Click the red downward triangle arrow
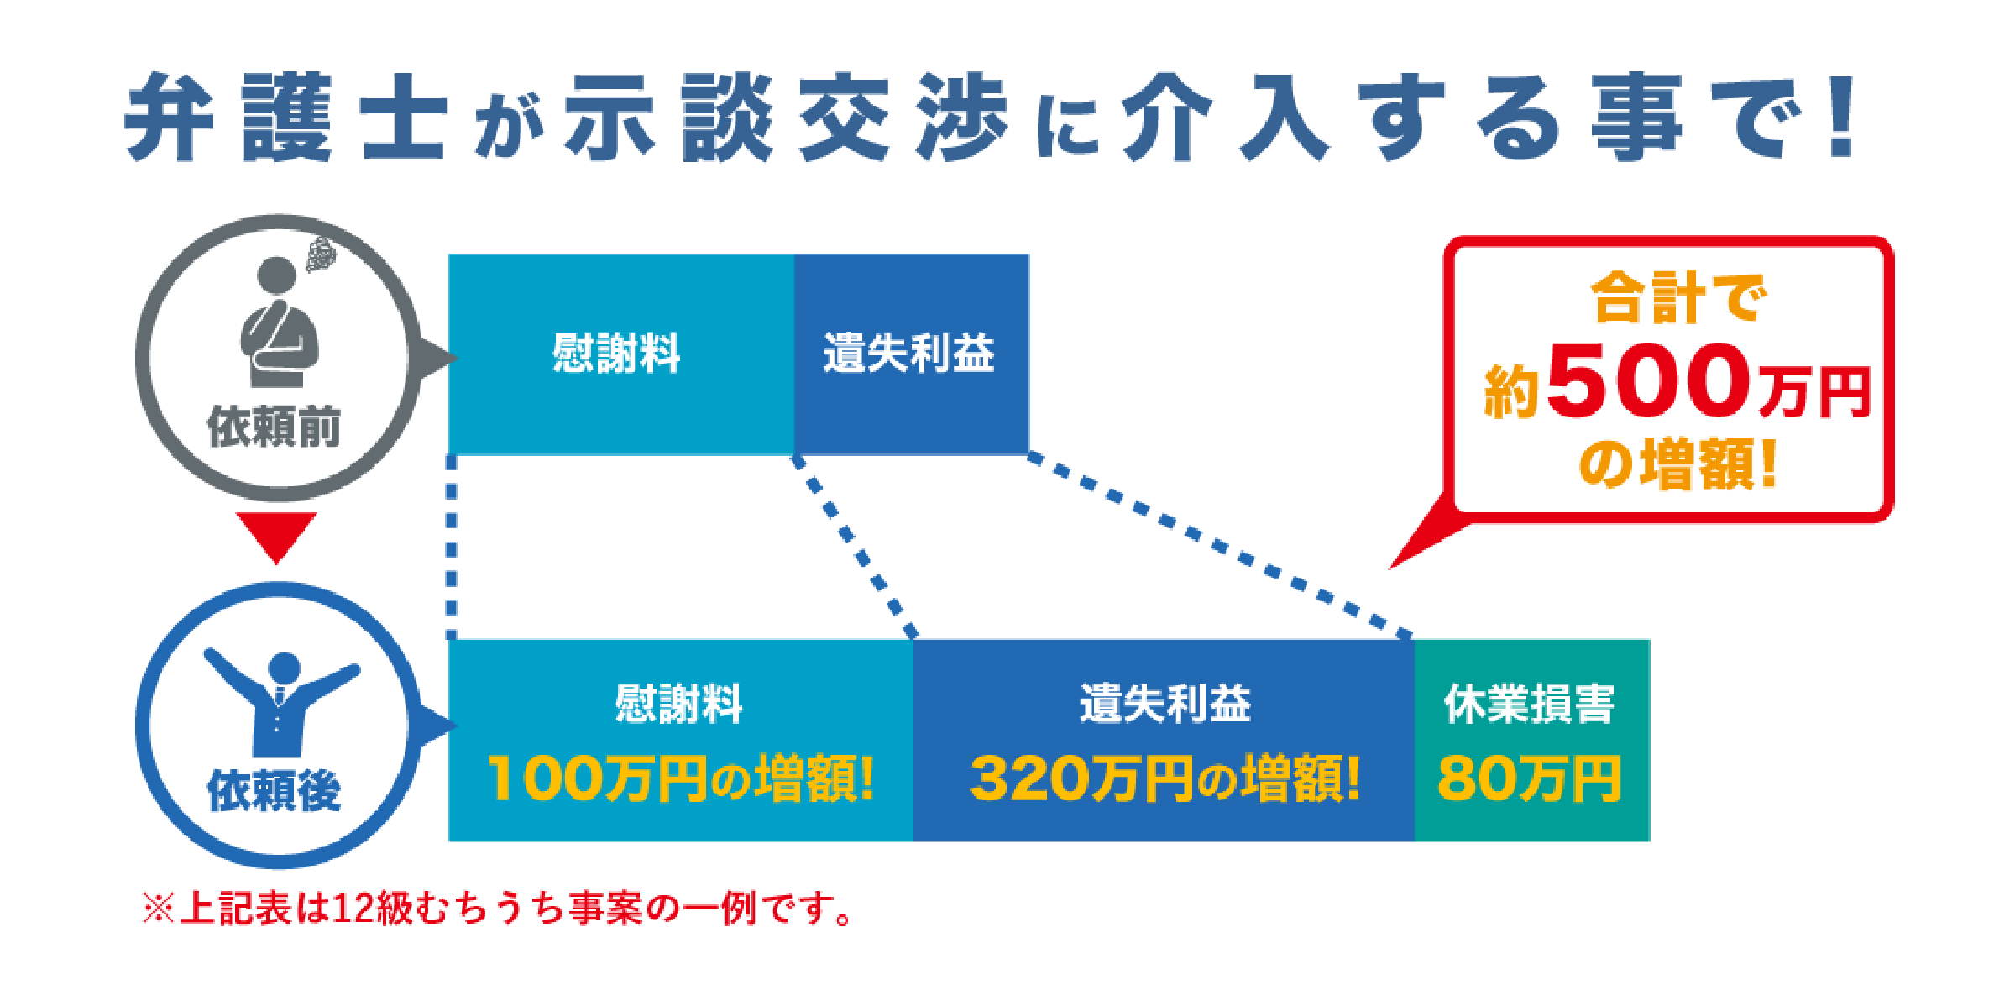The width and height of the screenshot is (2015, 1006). point(276,536)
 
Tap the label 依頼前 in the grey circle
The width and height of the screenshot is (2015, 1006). point(274,427)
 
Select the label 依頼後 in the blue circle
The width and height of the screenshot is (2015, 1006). point(274,790)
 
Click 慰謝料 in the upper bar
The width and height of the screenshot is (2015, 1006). point(616,353)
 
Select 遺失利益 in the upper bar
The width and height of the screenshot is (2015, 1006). point(908,353)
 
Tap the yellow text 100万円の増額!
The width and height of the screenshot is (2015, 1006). point(681,778)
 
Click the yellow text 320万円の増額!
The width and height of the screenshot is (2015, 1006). point(1165,778)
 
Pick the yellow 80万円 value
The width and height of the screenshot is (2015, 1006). point(1530,778)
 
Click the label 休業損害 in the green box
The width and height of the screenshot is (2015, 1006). point(1530,704)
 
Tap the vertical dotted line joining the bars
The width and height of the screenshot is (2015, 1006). point(452,548)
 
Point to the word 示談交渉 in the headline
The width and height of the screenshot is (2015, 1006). point(787,117)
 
